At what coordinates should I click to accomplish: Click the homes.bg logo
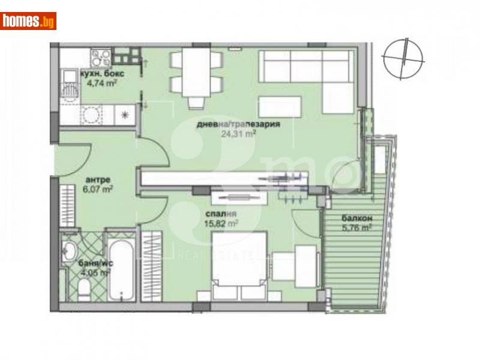pos(28,21)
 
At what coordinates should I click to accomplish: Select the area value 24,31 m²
pos(239,134)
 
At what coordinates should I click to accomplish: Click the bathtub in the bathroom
pos(123,270)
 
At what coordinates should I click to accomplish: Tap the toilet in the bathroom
pos(84,292)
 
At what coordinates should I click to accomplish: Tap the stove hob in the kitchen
pos(98,58)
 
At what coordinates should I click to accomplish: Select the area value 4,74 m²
pos(98,84)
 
